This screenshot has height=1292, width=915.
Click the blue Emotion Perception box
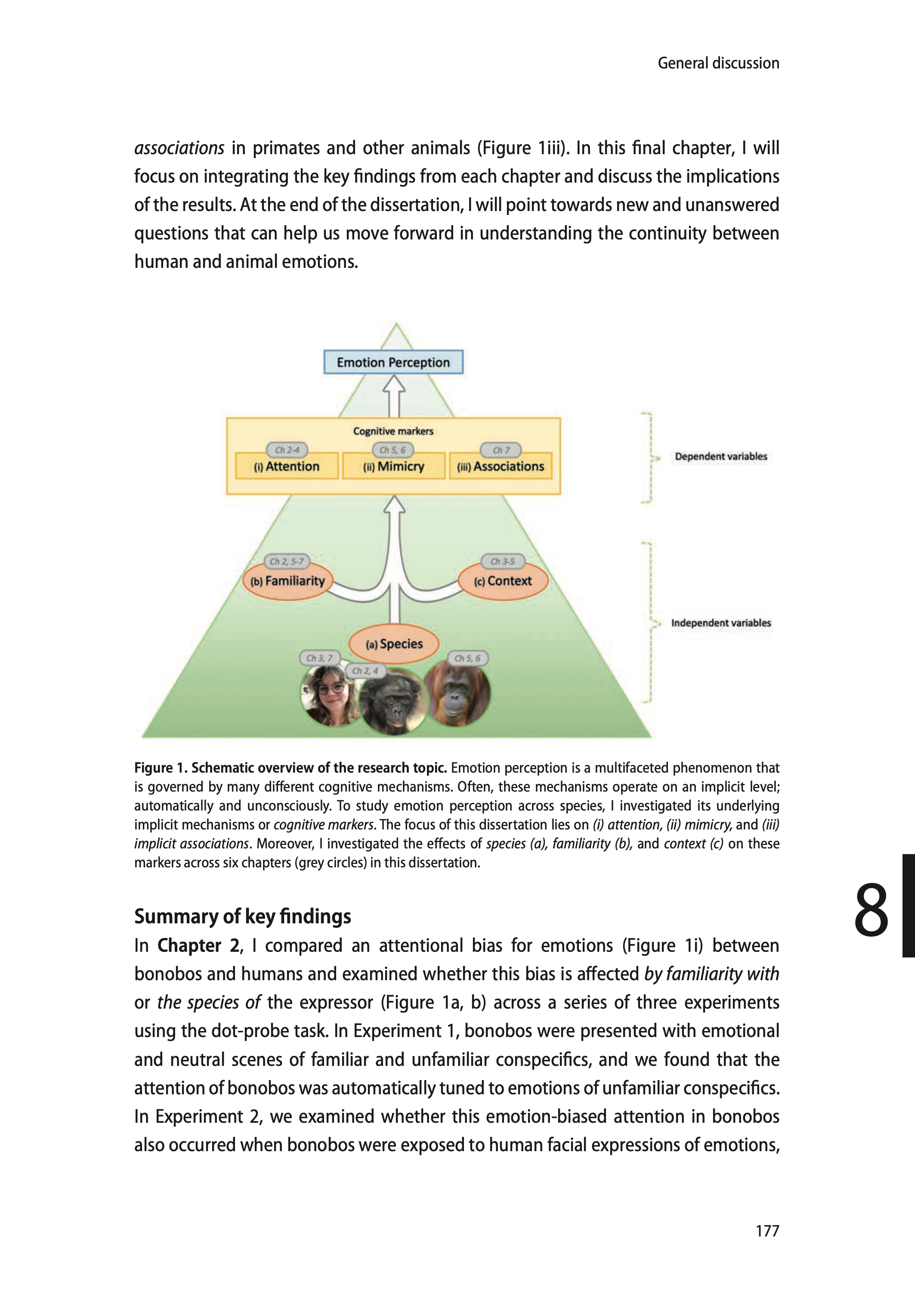pyautogui.click(x=393, y=362)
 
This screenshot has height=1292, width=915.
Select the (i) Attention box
pyautogui.click(x=287, y=466)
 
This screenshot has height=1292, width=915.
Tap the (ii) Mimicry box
pyautogui.click(x=393, y=466)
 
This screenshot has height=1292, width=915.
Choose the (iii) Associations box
pyautogui.click(x=500, y=466)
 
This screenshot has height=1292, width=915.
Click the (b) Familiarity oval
pyautogui.click(x=288, y=581)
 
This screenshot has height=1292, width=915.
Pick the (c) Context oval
pyautogui.click(x=503, y=581)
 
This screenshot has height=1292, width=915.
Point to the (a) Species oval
pyautogui.click(x=394, y=644)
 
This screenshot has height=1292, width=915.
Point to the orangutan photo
pyautogui.click(x=457, y=695)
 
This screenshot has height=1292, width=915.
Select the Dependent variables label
pyautogui.click(x=720, y=456)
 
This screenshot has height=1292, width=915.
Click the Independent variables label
pyautogui.click(x=720, y=623)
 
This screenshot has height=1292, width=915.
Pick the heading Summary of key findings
pyautogui.click(x=242, y=916)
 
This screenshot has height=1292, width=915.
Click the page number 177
pyautogui.click(x=767, y=1230)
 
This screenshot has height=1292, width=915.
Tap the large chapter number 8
pyautogui.click(x=871, y=910)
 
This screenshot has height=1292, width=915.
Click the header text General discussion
pyautogui.click(x=718, y=63)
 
